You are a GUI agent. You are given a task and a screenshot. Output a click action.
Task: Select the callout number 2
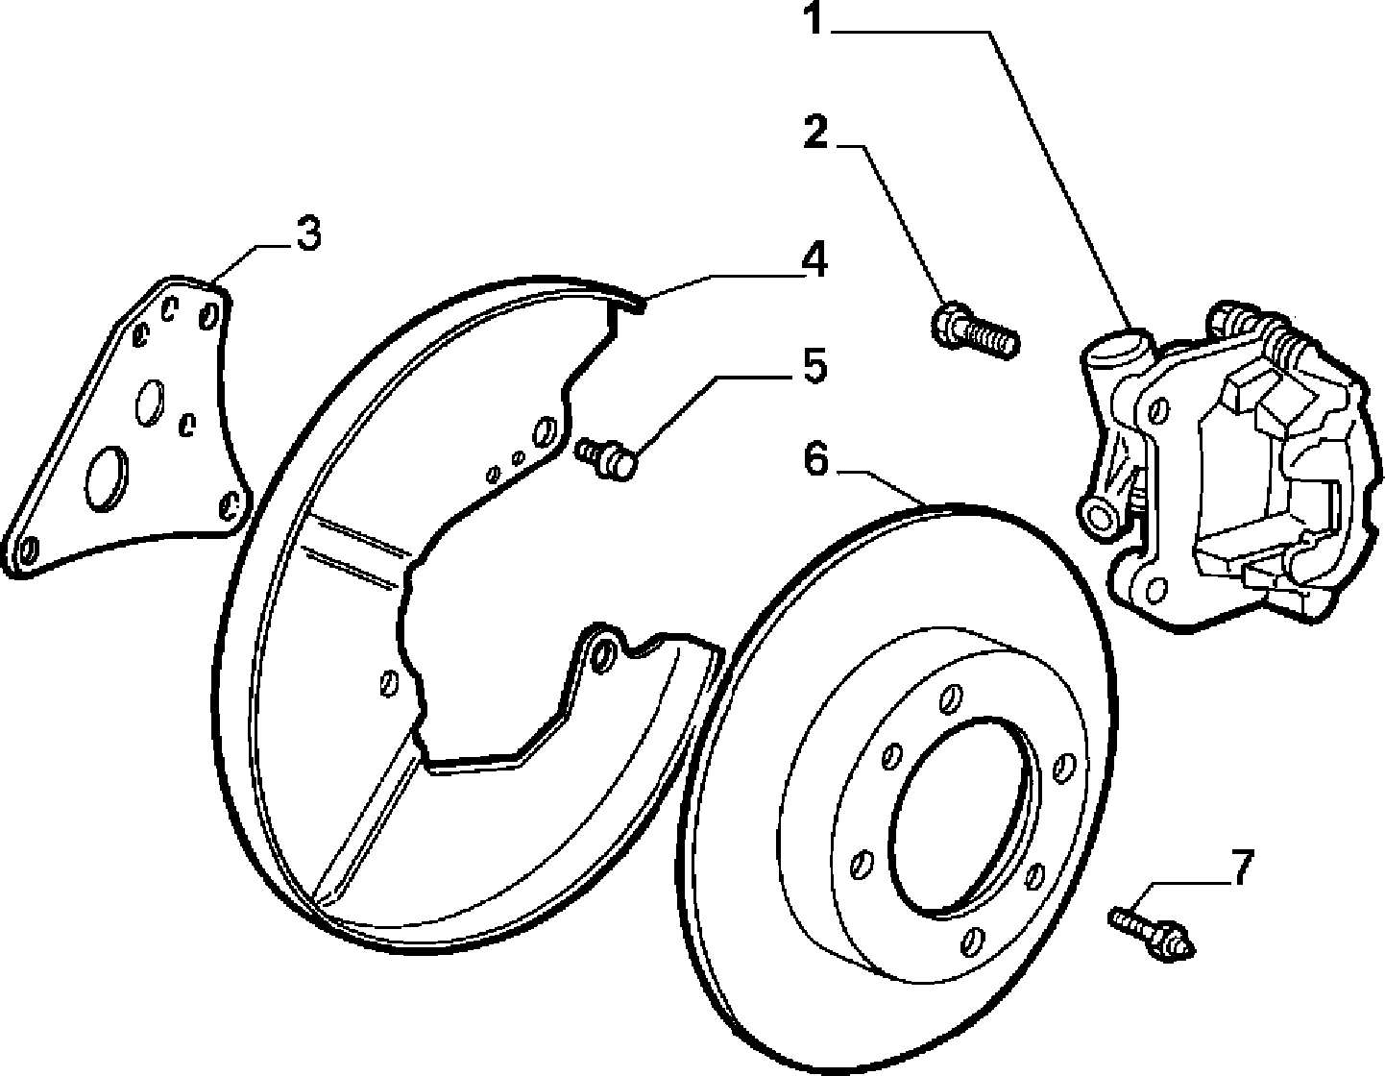[816, 132]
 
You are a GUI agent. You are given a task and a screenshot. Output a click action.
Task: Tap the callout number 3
[308, 233]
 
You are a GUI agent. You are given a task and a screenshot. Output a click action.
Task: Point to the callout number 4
[814, 259]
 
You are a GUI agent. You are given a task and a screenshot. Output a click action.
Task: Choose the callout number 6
[815, 459]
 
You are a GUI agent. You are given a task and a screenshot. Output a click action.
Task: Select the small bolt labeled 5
[605, 456]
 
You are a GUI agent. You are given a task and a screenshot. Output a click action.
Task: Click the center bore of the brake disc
[960, 819]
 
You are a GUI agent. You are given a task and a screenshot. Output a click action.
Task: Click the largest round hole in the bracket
[107, 478]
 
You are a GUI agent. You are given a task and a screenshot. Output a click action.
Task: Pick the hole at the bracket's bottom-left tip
[29, 550]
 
